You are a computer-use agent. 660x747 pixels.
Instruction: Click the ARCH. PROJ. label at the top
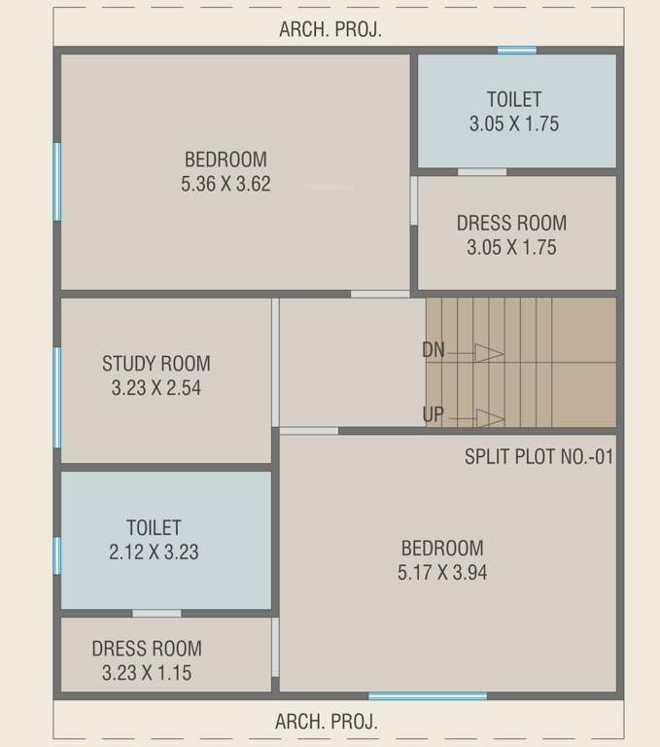[x=330, y=29]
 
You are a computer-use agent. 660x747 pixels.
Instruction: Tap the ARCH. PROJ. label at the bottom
[x=327, y=722]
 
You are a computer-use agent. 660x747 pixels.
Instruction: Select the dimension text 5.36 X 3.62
[x=226, y=184]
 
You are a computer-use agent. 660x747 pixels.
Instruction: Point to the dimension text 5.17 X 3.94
[x=442, y=572]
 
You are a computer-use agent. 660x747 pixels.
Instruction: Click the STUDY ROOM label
[x=156, y=364]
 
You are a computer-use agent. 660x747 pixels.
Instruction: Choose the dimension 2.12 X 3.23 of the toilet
[x=154, y=551]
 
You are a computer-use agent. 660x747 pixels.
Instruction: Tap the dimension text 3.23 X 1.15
[x=147, y=672]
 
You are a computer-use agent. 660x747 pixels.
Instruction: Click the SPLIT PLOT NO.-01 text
[x=538, y=456]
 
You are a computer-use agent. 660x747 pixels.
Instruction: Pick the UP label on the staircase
[x=434, y=415]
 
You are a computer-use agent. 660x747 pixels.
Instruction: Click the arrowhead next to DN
[x=490, y=352]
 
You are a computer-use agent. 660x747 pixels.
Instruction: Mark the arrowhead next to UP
[x=490, y=418]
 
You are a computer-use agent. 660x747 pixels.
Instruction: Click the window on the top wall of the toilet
[x=517, y=50]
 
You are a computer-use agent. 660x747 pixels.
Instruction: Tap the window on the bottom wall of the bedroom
[x=428, y=695]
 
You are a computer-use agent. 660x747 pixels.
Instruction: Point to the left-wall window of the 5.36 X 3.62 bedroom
[x=57, y=181]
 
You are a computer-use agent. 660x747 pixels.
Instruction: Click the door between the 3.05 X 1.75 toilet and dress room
[x=482, y=172]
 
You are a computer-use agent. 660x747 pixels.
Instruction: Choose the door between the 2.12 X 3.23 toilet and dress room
[x=156, y=613]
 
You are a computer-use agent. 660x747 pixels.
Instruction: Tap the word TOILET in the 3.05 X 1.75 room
[x=514, y=99]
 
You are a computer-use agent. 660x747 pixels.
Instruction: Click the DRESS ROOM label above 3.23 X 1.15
[x=147, y=649]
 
